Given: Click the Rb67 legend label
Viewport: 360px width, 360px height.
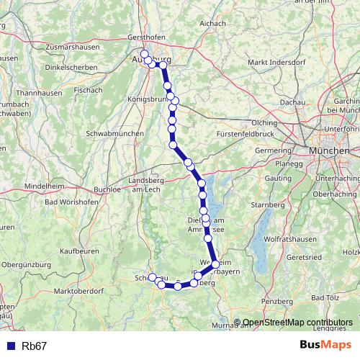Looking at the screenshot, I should (35, 346).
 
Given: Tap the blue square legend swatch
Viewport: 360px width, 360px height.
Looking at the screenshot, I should (11, 346).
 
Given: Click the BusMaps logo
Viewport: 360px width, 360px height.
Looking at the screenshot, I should (325, 346).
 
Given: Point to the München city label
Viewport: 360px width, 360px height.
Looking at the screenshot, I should (329, 151).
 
